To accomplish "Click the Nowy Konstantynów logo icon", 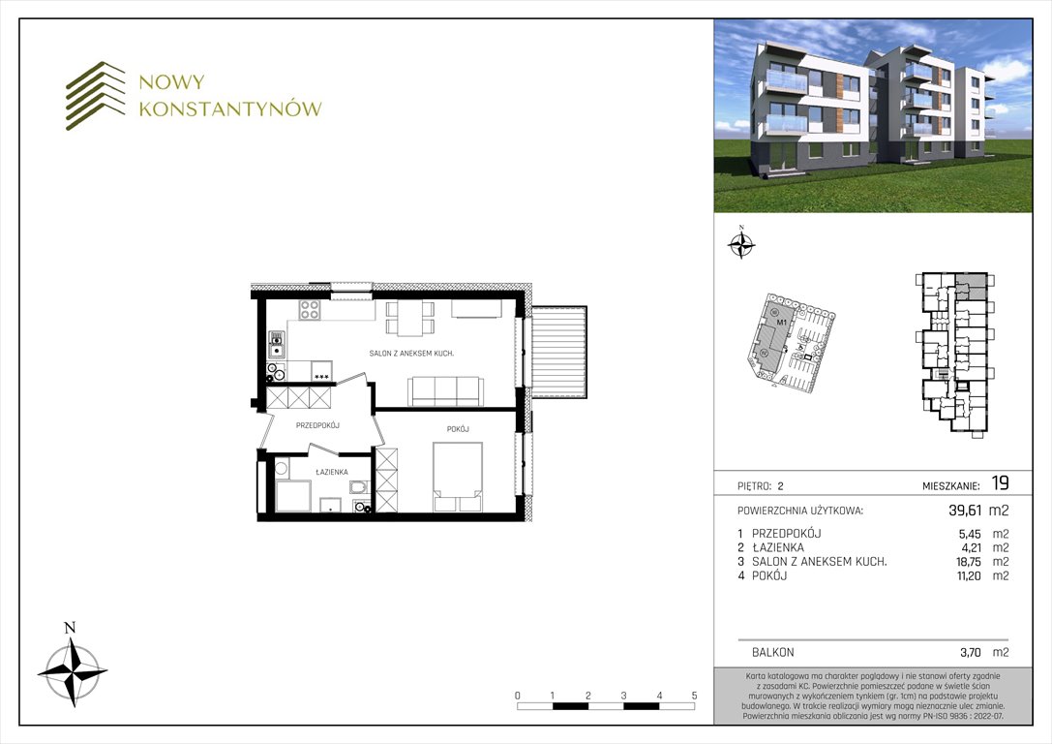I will [x=96, y=95].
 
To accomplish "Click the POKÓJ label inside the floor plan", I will [x=458, y=429].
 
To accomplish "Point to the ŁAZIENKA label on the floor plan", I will [x=331, y=473].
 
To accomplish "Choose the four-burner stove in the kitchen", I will [x=311, y=310].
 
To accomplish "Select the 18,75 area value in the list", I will [x=969, y=562].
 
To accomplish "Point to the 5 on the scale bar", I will [x=694, y=696].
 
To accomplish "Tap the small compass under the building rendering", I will [x=741, y=245].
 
